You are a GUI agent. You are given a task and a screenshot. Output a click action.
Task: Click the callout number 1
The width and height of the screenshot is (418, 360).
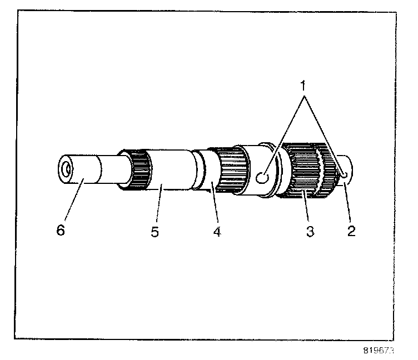coord(303,88)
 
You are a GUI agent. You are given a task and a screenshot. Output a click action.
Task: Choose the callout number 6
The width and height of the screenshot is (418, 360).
coord(60,230)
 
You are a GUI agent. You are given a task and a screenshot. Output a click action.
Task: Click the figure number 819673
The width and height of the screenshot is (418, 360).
coord(380,351)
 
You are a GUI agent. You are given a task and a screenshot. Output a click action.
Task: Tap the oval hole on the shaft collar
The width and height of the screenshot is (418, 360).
coord(263,177)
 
